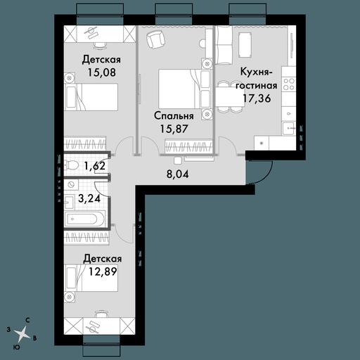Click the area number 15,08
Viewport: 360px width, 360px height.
[x=102, y=72]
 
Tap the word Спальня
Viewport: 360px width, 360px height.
[x=174, y=117]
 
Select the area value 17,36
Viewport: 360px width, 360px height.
[x=257, y=98]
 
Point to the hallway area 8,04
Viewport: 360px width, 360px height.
[x=177, y=174]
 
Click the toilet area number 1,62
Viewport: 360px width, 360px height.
[x=95, y=166]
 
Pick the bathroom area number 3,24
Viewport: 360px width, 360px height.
[x=89, y=199]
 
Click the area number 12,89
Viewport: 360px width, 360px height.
[x=103, y=271]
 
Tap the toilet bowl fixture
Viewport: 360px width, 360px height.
[x=71, y=165]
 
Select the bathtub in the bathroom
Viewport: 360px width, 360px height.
[x=84, y=219]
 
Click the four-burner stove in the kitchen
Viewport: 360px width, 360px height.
[x=288, y=84]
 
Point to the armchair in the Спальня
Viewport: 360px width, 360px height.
[x=154, y=39]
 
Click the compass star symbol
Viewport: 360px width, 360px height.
[x=22, y=333]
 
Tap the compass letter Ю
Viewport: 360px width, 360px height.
[x=17, y=347]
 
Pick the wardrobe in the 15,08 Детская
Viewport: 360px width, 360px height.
[x=85, y=143]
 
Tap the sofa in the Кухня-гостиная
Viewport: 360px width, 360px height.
[x=223, y=45]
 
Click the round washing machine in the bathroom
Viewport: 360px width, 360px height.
[x=71, y=185]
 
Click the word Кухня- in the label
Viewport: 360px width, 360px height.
[x=257, y=72]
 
